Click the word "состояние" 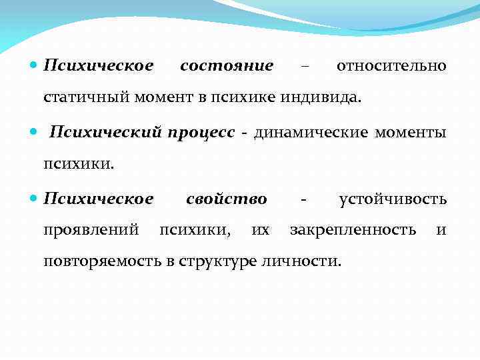click(x=227, y=66)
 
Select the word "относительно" click(x=391, y=66)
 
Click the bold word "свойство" click(x=227, y=199)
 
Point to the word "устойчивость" click(x=393, y=199)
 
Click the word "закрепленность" click(x=353, y=231)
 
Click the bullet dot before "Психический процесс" click(x=34, y=132)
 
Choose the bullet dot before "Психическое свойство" click(x=34, y=199)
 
